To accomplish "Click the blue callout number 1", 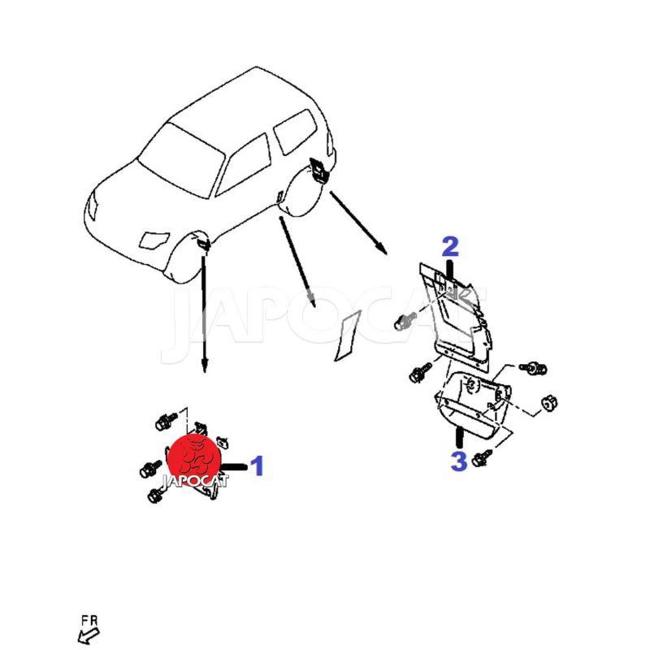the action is point(258,466).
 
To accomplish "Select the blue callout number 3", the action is point(458,461).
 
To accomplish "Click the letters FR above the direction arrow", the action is point(89,621).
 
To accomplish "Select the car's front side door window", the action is point(244,165).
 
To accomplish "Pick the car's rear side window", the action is point(295,131).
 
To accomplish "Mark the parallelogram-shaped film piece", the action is point(348,336).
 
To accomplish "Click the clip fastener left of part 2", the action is point(402,321).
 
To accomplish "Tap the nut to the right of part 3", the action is point(549,402).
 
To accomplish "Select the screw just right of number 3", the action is point(481,457).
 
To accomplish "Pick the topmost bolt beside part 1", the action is point(166,422).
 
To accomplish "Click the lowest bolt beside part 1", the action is point(155,495).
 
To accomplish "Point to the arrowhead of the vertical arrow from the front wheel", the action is point(204,366).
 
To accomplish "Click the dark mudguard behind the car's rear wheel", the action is point(318,170).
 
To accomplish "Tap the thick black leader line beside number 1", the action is point(234,466).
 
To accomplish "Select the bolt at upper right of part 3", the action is point(533,367).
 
